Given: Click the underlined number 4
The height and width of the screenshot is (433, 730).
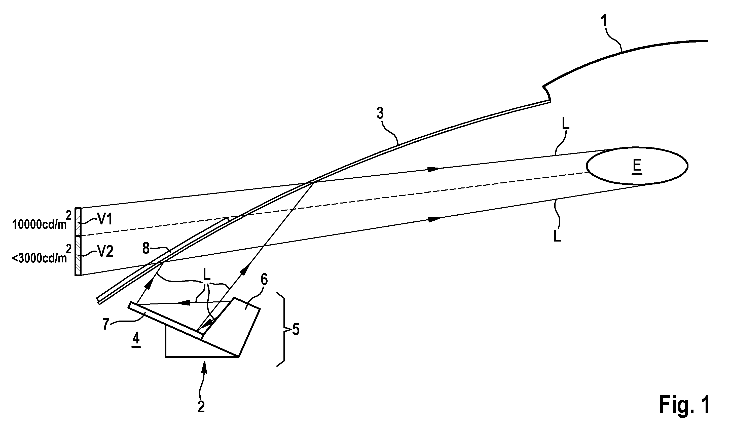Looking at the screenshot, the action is coord(136,340).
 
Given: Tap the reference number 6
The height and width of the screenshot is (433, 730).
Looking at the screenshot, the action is coord(264,280).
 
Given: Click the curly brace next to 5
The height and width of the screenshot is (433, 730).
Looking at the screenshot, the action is coord(281,330).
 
